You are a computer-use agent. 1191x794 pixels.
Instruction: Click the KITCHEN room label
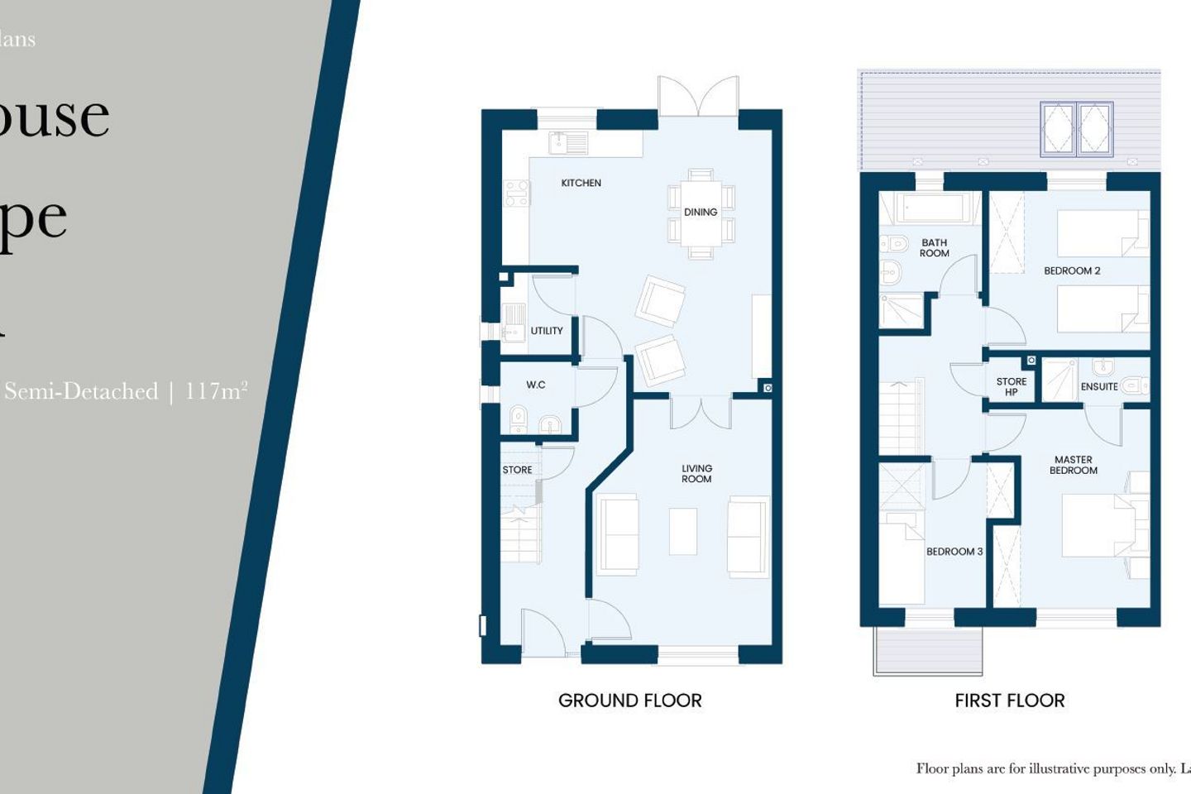pos(581,183)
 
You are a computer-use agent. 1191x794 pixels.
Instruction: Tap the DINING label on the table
pos(700,213)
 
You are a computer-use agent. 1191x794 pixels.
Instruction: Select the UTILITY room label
pos(546,331)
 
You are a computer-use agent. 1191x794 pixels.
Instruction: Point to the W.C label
pos(535,385)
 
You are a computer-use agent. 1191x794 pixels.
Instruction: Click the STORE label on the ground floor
pos(517,470)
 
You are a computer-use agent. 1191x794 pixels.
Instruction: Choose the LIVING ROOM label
pos(696,474)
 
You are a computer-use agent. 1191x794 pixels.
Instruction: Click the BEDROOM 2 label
pos(1071,270)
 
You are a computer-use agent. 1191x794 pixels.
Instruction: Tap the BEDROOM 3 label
pos(954,552)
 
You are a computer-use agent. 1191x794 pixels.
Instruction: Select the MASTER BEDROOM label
pos(1073,465)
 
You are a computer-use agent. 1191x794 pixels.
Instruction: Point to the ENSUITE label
pos(1098,386)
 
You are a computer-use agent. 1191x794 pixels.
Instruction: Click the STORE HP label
pos(1011,386)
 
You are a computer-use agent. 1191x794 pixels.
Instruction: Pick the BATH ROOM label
pos(934,248)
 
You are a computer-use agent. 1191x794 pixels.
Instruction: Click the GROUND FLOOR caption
pos(629,701)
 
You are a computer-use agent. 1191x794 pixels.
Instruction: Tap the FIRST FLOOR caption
pos(1009,701)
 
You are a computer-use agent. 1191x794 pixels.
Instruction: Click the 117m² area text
pos(216,390)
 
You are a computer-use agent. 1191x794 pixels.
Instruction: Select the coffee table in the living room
pos(682,531)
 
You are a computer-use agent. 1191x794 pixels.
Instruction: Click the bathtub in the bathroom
pos(929,208)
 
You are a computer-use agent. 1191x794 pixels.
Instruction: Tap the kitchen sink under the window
pos(567,143)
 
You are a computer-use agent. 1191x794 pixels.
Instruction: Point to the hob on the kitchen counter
pos(517,194)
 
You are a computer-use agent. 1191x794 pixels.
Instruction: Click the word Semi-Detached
pos(81,391)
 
